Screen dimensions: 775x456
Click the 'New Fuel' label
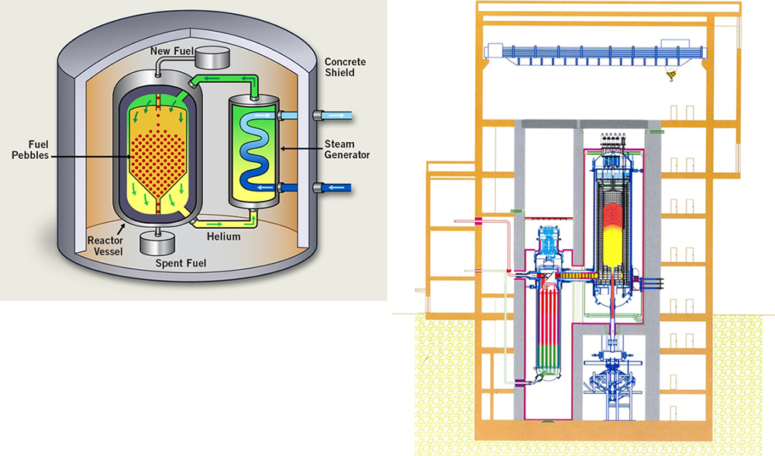[172, 51]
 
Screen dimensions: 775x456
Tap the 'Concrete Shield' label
[345, 67]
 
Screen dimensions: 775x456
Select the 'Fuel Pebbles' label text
[30, 150]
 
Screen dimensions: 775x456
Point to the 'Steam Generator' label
[347, 150]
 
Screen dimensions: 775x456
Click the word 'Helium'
[224, 237]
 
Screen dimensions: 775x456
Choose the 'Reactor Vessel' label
[105, 246]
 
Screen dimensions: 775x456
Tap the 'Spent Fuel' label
[181, 263]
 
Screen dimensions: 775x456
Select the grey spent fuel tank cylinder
[157, 242]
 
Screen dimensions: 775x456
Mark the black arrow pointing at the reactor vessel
[120, 228]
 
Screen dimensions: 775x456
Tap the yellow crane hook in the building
[670, 75]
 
